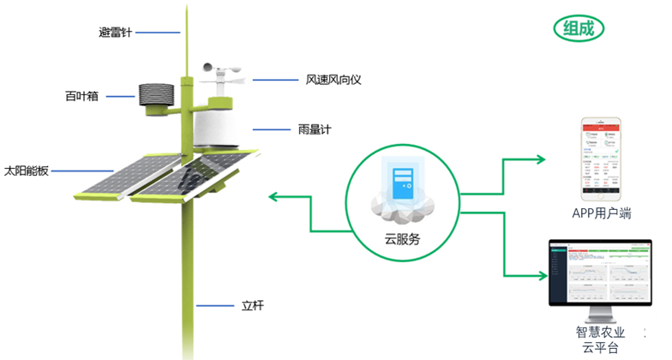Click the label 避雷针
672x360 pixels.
click(116, 33)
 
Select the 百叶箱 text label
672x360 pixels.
click(82, 96)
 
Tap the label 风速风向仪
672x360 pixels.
click(335, 80)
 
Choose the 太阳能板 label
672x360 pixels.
click(26, 171)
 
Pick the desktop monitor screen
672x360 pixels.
click(599, 275)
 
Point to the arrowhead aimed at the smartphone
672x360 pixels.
click(541, 159)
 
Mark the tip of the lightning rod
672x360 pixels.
click(185, 9)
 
